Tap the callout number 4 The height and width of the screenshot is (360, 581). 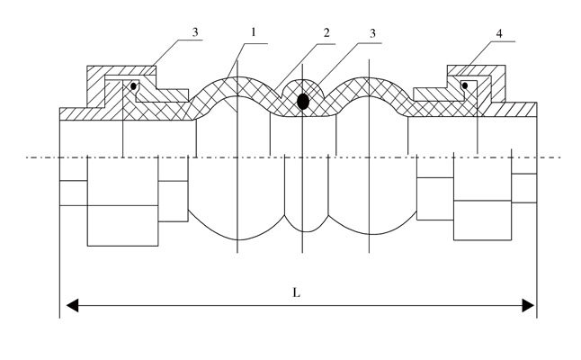(498, 33)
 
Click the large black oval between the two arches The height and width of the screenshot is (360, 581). (303, 102)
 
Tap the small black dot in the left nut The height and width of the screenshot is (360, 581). (132, 87)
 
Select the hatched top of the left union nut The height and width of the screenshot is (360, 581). (121, 71)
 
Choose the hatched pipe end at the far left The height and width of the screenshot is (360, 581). (76, 113)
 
